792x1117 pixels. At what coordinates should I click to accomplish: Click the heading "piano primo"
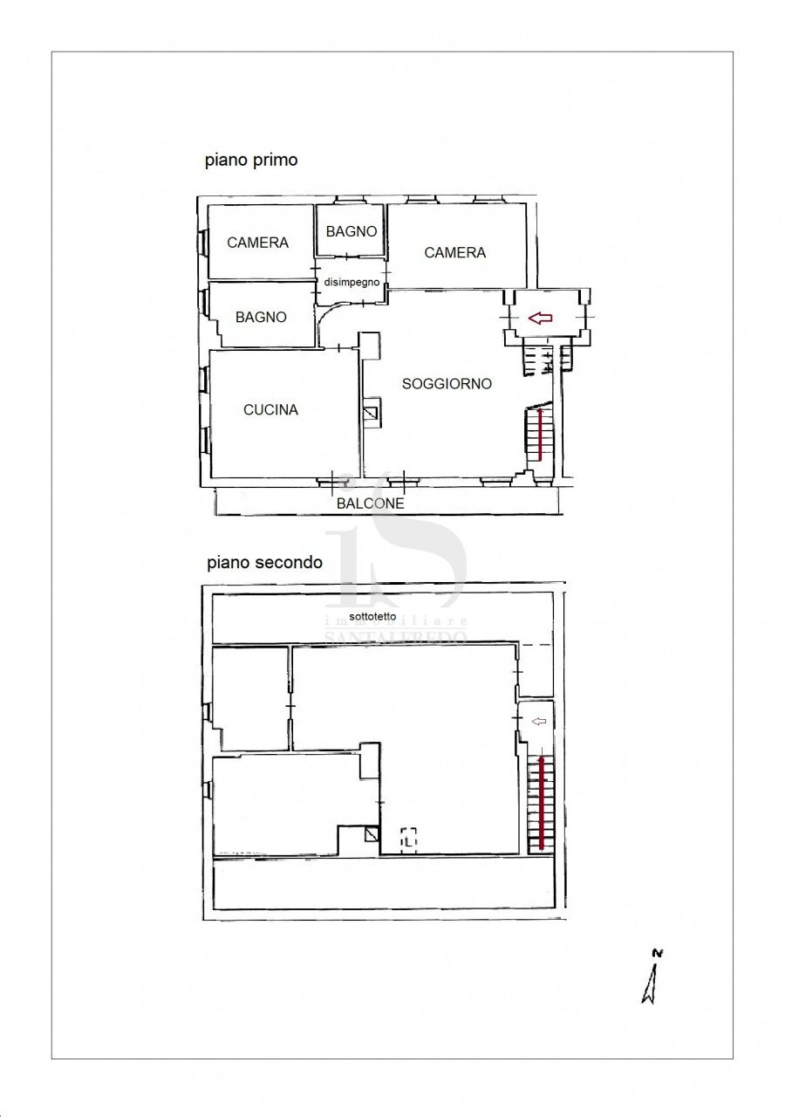tap(251, 160)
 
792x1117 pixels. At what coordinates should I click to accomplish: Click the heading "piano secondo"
tap(264, 563)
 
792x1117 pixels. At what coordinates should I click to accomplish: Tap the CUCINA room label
tap(270, 409)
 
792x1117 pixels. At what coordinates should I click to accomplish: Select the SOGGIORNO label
tap(447, 383)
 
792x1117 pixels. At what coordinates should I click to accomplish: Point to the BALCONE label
tap(371, 504)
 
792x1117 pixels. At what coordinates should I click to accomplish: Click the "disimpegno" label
tap(352, 283)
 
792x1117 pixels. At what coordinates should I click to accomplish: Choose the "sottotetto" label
tap(372, 616)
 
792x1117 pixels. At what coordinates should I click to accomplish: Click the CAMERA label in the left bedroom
tap(257, 243)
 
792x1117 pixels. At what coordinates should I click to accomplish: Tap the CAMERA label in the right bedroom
tap(454, 252)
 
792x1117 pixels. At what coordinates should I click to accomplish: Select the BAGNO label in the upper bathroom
tap(352, 231)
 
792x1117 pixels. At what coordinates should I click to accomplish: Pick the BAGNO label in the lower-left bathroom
tap(261, 317)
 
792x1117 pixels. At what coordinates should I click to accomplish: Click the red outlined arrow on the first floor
tap(541, 319)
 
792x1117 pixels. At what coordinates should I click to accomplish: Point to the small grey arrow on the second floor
tap(539, 721)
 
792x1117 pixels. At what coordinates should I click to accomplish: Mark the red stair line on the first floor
tap(542, 433)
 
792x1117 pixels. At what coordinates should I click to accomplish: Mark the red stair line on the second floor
tap(542, 803)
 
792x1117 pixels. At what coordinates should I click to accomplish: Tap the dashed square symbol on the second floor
tap(409, 839)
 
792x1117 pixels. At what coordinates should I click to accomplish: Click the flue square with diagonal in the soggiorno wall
tap(372, 414)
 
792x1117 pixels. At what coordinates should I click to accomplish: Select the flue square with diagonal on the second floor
tap(372, 834)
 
